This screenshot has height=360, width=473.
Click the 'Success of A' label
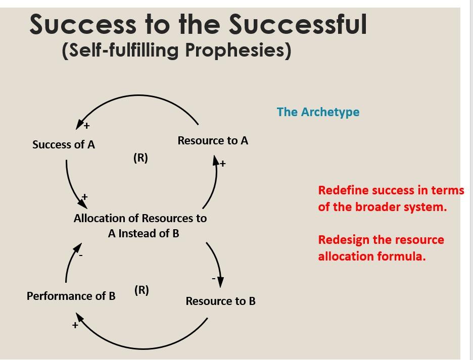(x=64, y=145)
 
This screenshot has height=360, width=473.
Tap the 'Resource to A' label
(x=213, y=141)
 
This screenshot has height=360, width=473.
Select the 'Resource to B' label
(x=220, y=301)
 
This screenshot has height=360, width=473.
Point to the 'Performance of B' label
(x=71, y=296)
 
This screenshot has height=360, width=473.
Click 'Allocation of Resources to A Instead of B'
(x=140, y=226)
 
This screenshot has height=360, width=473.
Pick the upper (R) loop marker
(x=141, y=158)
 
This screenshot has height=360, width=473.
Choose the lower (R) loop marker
(x=141, y=290)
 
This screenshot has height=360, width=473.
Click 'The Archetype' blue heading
(x=318, y=112)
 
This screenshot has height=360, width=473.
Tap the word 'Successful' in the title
(x=298, y=24)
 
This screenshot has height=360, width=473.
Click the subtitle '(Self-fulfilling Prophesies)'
(x=176, y=50)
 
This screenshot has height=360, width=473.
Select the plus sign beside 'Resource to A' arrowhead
(x=223, y=164)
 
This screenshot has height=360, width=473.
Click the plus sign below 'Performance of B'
(x=75, y=326)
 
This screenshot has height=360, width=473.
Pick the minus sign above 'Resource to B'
(x=213, y=278)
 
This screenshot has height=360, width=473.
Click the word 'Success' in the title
(x=82, y=24)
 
